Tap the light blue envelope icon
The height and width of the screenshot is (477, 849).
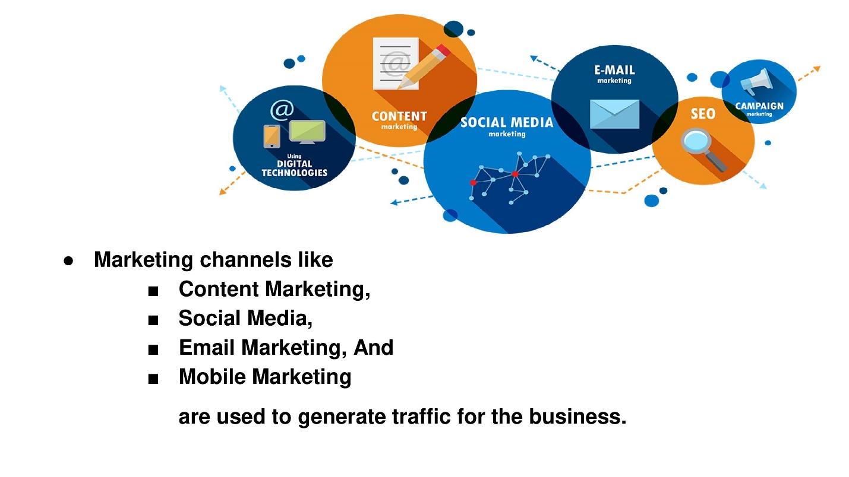pos(614,114)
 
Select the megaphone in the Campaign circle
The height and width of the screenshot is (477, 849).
pos(756,82)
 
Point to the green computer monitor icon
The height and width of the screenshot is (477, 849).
pos(307,132)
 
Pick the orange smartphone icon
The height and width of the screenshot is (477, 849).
pos(272,136)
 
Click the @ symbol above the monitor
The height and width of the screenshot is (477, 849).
pos(282,110)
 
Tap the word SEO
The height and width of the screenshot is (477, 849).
pos(703,113)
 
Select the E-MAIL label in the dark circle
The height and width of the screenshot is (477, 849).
pos(614,70)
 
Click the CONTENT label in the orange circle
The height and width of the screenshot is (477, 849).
pos(399,116)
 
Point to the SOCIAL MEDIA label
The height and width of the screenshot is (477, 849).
pos(507,122)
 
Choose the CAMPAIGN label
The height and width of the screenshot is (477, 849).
pos(759,106)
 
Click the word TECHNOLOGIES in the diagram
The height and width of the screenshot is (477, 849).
pos(295,173)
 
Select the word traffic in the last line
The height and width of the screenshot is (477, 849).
pos(421,416)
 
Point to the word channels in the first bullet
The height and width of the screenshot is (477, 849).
pos(245,260)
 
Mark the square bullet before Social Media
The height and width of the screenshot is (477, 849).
pos(153,320)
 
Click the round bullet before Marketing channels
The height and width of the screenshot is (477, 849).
pos(68,261)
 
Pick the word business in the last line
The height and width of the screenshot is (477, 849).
pos(577,416)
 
